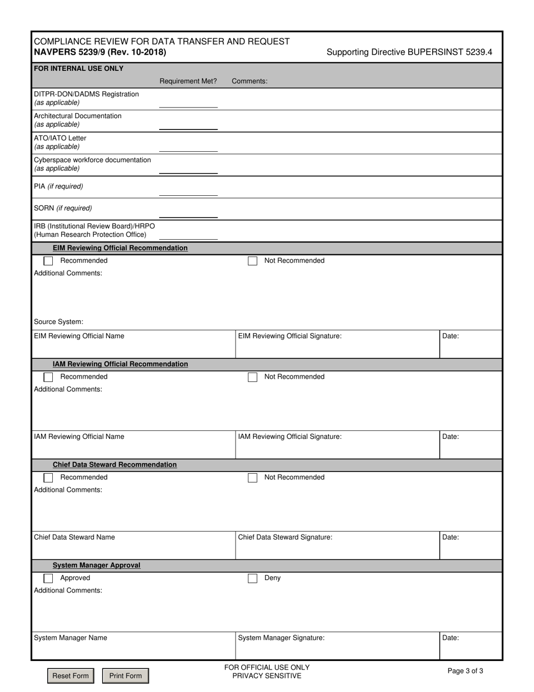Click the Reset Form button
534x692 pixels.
coord(70,676)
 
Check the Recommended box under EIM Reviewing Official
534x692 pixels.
coord(48,261)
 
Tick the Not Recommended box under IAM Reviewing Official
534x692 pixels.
coord(252,377)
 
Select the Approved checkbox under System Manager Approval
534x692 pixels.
coord(48,578)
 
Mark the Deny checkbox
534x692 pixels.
coord(252,578)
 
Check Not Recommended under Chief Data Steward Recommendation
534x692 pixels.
coord(252,478)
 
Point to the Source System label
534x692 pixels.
coord(58,322)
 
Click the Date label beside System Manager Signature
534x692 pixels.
coord(451,638)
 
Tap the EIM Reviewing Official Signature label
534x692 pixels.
coord(289,336)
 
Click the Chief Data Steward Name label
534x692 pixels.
coord(74,537)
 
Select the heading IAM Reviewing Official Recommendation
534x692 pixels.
coord(120,364)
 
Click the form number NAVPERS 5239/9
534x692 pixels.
coord(99,52)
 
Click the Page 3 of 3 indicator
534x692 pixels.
coord(465,671)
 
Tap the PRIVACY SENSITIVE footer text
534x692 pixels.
coord(266,676)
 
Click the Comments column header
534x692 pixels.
coord(250,81)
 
